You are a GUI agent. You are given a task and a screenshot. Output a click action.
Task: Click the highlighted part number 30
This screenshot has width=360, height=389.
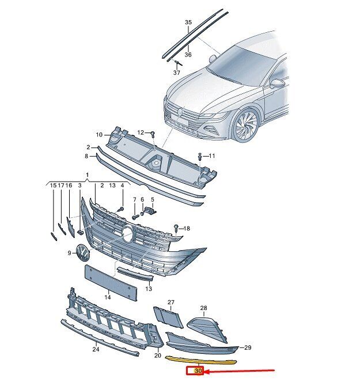click(x=198, y=371)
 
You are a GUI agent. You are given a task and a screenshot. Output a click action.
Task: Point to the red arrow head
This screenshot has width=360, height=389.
click(x=207, y=371)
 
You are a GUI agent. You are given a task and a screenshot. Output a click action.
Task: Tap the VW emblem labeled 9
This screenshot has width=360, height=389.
click(x=83, y=252)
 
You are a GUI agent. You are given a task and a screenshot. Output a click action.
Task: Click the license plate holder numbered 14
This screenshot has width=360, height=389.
click(x=111, y=282)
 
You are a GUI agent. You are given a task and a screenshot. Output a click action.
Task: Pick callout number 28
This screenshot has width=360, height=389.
click(x=203, y=308)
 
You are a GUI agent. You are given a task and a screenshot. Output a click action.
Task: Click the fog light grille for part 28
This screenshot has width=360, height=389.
click(x=207, y=328)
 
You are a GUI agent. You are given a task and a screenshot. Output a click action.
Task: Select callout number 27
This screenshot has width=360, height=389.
click(x=171, y=302)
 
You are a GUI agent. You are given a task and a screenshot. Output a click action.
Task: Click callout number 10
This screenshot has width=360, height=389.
click(x=99, y=135)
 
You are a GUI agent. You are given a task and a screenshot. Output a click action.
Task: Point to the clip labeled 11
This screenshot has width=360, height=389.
click(x=200, y=157)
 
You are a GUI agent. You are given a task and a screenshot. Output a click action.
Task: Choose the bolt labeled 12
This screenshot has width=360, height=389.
click(x=153, y=134)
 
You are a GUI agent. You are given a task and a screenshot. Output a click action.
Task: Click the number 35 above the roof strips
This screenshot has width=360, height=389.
click(x=188, y=22)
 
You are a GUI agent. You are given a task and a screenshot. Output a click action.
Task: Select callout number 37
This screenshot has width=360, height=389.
click(x=176, y=73)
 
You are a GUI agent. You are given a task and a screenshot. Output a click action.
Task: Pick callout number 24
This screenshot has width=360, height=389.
click(x=96, y=349)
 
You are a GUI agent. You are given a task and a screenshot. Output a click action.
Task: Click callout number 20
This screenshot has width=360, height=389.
click(x=158, y=356)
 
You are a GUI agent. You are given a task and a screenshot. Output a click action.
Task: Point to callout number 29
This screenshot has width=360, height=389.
click(x=248, y=348)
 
